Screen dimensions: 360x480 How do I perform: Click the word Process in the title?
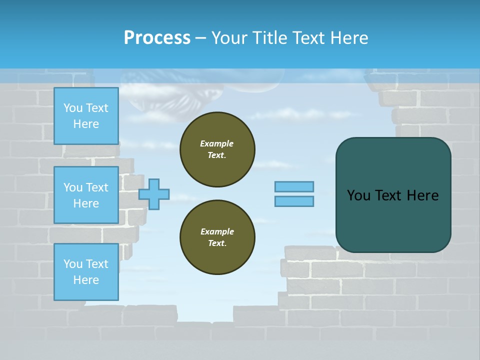(157, 37)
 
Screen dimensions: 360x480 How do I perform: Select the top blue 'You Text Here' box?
(86, 116)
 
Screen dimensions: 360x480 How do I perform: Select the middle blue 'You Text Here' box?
(86, 195)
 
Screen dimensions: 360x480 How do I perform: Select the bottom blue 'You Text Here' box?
(86, 271)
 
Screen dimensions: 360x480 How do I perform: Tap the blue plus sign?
(154, 194)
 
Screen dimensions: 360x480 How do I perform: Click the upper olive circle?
(217, 149)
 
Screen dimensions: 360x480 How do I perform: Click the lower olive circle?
(217, 237)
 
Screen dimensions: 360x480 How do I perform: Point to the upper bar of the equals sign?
(294, 186)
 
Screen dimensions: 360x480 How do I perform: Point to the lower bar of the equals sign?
(294, 201)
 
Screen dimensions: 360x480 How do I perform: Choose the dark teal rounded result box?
(393, 220)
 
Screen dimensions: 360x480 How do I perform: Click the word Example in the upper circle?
(217, 143)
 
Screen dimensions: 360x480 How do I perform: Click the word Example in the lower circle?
(217, 231)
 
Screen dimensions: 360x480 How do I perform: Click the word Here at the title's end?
(350, 37)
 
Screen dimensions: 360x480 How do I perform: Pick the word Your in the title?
(230, 37)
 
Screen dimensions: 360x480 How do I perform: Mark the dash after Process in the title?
(201, 38)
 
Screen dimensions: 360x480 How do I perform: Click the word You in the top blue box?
(73, 108)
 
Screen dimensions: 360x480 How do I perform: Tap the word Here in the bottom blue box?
(86, 280)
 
